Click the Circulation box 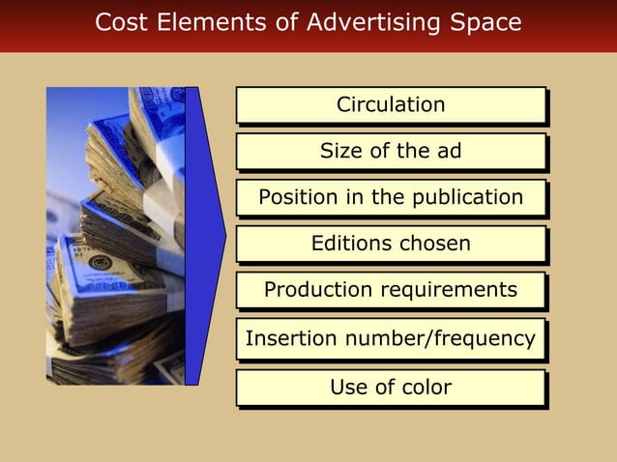[x=391, y=104]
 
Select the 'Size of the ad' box [x=391, y=151]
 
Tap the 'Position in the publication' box [x=391, y=197]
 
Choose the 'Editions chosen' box [x=391, y=244]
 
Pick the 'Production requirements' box [x=391, y=289]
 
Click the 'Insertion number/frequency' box [x=391, y=338]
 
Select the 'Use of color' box [x=391, y=388]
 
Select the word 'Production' [x=312, y=289]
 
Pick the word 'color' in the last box [x=426, y=388]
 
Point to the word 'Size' [x=339, y=151]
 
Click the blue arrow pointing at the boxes [x=204, y=236]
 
